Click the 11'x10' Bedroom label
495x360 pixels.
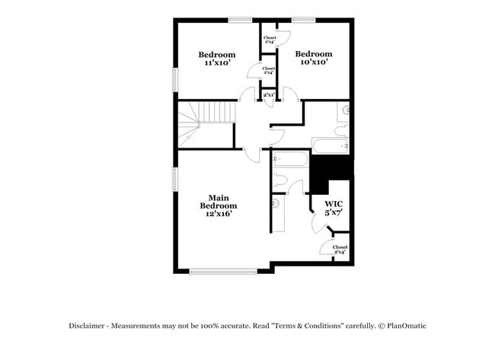coord(217,59)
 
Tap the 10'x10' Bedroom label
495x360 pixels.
coord(314,58)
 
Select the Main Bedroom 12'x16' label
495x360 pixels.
coord(219,205)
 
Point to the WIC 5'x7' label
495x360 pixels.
coord(334,209)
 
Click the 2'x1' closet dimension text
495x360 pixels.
coord(269,95)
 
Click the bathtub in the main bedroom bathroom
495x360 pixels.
coord(290,159)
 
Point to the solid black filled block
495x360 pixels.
coord(329,173)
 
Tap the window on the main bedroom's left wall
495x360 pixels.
coord(176,179)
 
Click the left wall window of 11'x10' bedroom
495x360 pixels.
coord(176,79)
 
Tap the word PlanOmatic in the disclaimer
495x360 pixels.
coord(404,326)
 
